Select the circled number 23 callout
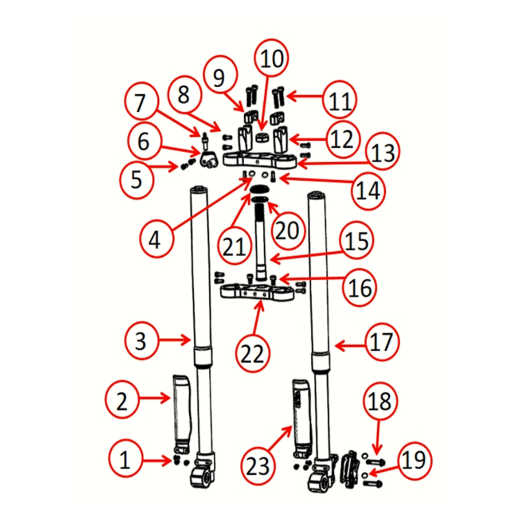pos(258,466)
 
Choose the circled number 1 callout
pos(125,460)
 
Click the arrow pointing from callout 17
pos(350,345)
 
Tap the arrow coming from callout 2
pos(154,398)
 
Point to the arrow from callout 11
pos(305,96)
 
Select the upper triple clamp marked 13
pos(259,160)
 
